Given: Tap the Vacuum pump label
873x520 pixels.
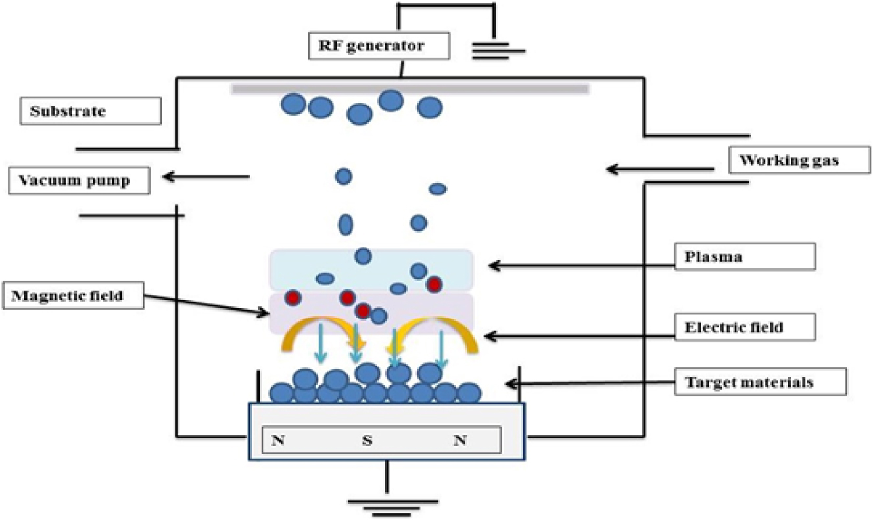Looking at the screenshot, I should coord(80,180).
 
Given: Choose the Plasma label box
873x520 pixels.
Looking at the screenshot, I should coord(745,256).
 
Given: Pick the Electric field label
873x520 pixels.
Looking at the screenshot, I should coord(745,326).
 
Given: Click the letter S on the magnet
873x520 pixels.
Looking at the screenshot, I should coord(367,440).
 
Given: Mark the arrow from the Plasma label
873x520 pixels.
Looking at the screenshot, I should coord(582,266).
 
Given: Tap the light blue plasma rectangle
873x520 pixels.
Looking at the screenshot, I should coord(371,270).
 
